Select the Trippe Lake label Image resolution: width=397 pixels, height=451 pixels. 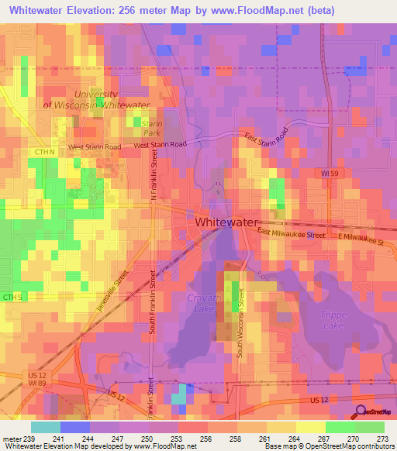tap(334, 319)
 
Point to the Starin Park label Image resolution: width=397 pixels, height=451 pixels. tap(152, 127)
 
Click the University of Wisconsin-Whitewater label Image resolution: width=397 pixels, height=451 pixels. tap(96, 98)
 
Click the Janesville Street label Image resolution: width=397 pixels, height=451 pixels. tap(111, 291)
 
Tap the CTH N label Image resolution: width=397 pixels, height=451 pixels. tap(45, 152)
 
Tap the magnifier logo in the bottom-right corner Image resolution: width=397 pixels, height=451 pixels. tap(361, 412)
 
